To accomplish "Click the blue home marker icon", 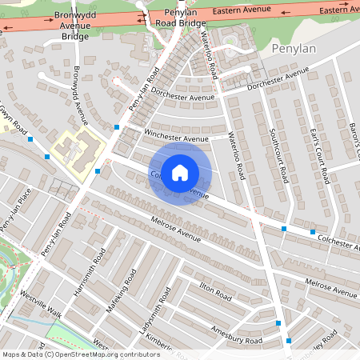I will click(180, 173).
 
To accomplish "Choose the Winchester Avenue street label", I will click(175, 138).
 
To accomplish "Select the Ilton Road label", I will click(215, 292).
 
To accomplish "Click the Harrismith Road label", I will click(89, 274).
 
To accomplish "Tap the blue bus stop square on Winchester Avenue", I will click(117, 127).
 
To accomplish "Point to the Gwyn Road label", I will click(14, 120).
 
